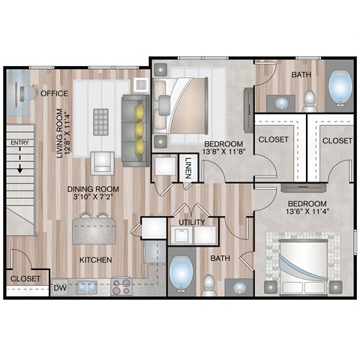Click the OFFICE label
[55, 94]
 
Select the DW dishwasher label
[59, 287]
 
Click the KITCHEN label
[96, 260]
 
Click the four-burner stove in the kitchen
[121, 286]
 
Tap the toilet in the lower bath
[209, 284]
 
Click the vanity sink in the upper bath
[284, 103]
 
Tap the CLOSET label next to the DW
[24, 278]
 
